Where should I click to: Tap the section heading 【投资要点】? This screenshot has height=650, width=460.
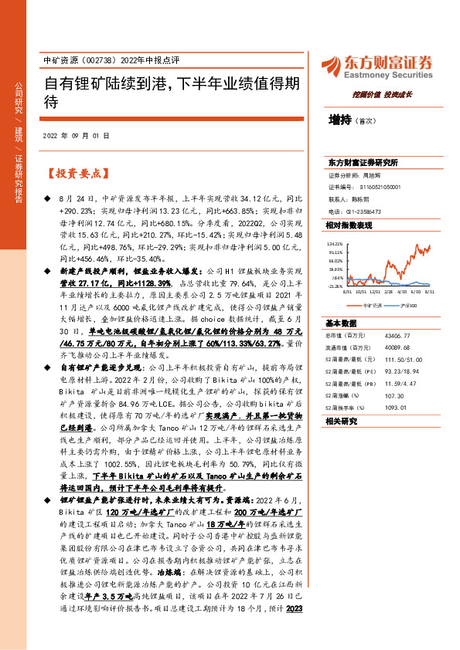click(73, 174)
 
